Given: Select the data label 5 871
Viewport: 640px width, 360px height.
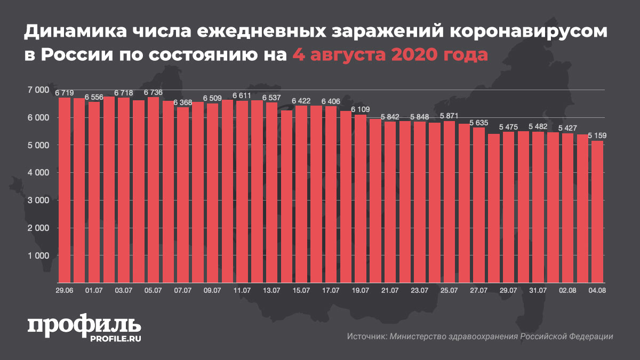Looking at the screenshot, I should coord(449,116).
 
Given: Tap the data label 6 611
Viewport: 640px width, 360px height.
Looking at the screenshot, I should coord(242,95).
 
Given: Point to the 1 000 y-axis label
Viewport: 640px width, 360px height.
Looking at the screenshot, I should coord(37,256).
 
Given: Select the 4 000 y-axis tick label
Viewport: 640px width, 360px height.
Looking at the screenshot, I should coord(37,173).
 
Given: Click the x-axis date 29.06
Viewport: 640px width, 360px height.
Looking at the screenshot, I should coord(65,290).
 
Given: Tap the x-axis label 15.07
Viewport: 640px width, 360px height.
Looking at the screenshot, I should coord(301,290).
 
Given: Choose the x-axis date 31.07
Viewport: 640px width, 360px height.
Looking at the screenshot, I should coord(538,290).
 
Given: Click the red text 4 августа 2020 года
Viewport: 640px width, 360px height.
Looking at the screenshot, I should coord(389,54).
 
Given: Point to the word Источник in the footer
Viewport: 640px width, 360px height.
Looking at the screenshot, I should coord(366,337).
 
